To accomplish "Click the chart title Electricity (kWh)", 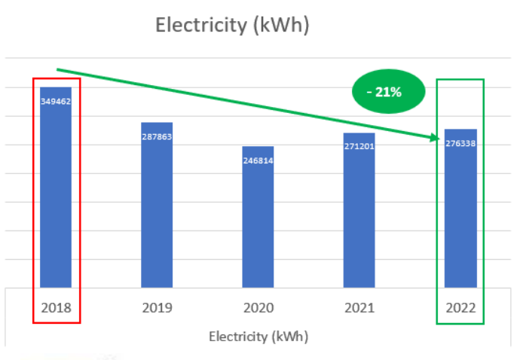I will [232, 25].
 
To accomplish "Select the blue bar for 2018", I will [56, 196].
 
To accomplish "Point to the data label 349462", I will [56, 101].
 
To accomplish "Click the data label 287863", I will [157, 136].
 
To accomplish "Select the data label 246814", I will [258, 160].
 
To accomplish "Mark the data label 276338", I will [460, 143].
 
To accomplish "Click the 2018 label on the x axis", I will [56, 308].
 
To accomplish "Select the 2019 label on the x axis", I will [157, 308].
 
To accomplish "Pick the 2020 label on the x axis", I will [258, 308].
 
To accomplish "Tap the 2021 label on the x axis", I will [359, 308].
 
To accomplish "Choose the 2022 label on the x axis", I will [460, 308].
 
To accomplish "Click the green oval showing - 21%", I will [388, 93].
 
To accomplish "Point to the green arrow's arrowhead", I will [434, 138].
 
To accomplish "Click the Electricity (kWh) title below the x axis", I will [258, 336].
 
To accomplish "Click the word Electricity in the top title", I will [201, 25].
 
